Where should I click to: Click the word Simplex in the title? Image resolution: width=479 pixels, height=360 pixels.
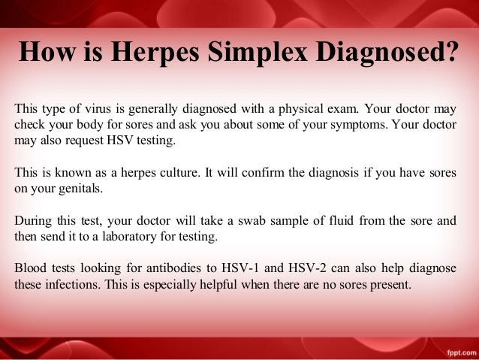[273, 53]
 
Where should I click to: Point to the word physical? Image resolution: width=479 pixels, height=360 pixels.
[288, 107]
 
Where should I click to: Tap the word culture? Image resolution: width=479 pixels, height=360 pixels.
[172, 173]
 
